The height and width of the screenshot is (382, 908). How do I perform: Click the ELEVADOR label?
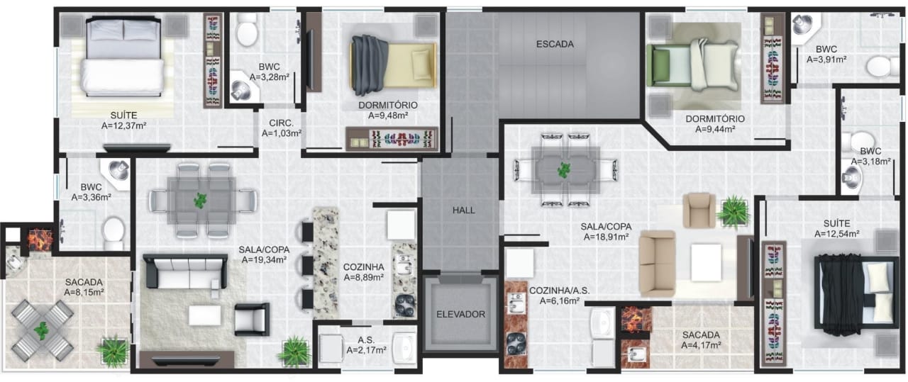pyautogui.click(x=460, y=315)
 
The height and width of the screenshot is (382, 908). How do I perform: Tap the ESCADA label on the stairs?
pyautogui.click(x=555, y=44)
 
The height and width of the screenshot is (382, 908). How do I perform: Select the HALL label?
pyautogui.click(x=464, y=210)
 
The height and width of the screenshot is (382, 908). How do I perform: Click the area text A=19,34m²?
pyautogui.click(x=265, y=260)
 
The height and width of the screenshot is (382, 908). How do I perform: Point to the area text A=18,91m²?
pyautogui.click(x=606, y=237)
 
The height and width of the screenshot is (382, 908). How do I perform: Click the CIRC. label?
pyautogui.click(x=282, y=123)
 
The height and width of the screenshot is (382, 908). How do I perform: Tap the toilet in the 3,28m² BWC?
pyautogui.click(x=247, y=30)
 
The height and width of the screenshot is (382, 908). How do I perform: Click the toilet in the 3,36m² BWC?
pyautogui.click(x=113, y=233)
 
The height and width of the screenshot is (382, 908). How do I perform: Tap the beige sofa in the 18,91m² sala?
pyautogui.click(x=658, y=264)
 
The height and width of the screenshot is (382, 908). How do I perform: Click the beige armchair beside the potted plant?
pyautogui.click(x=699, y=210)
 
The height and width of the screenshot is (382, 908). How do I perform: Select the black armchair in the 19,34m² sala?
pyautogui.click(x=252, y=319)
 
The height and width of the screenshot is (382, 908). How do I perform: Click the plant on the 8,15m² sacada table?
pyautogui.click(x=42, y=331)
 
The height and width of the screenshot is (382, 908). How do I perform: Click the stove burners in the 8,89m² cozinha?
pyautogui.click(x=405, y=306)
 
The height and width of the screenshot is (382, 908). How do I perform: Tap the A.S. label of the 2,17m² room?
pyautogui.click(x=366, y=340)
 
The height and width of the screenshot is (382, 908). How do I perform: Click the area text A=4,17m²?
pyautogui.click(x=701, y=346)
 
